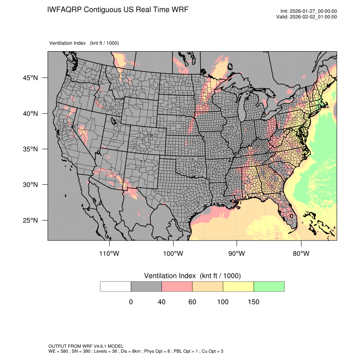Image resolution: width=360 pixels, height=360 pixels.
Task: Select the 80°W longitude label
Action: coord(301,254)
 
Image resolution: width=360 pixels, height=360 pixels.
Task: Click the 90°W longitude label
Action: coord(237,254)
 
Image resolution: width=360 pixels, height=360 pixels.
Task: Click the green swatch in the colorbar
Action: coord(269,286)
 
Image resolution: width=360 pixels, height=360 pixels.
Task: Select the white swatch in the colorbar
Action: coord(116,286)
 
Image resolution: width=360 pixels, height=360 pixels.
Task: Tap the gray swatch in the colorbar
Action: coord(146,286)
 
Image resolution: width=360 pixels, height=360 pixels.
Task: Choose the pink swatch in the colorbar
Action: coord(177,286)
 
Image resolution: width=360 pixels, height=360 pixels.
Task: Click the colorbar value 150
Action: coord(253,302)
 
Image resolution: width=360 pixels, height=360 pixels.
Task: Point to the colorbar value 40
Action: coord(161,302)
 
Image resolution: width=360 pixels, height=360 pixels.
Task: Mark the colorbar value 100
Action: coord(223,302)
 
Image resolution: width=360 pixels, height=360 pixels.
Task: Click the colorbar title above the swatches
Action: coord(192,276)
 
